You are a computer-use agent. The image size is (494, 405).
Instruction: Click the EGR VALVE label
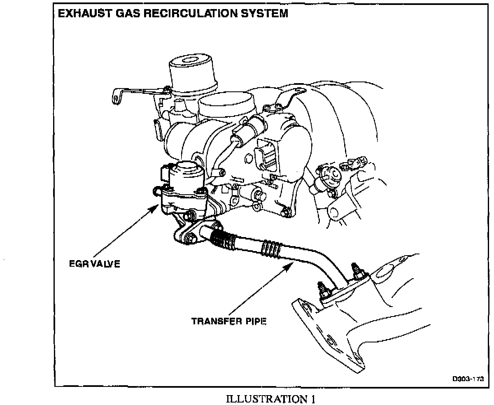pyautogui.click(x=94, y=264)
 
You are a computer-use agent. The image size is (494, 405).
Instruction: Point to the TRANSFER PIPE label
pyautogui.click(x=229, y=321)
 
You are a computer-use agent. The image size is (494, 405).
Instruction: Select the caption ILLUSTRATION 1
pyautogui.click(x=272, y=398)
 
